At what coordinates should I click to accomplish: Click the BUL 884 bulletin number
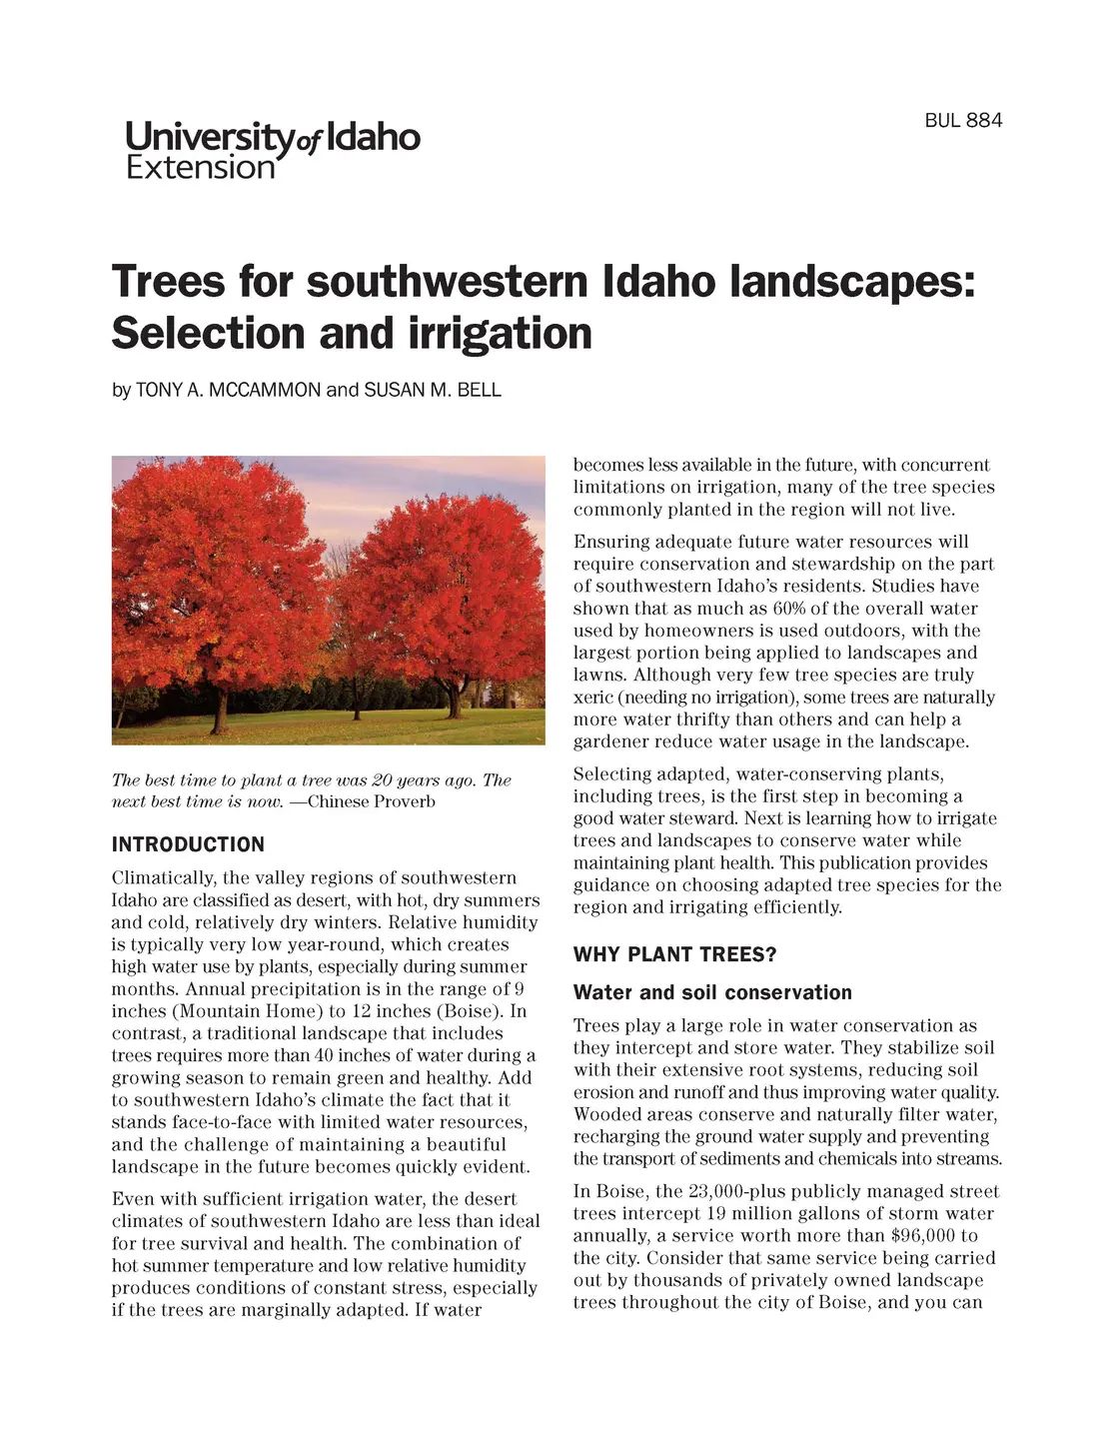click(x=962, y=121)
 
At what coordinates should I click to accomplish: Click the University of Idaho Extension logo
click(x=273, y=150)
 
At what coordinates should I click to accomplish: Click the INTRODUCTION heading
click(x=188, y=844)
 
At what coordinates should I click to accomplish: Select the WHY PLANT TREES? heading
click(x=674, y=954)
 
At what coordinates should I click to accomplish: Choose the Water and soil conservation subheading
click(x=711, y=992)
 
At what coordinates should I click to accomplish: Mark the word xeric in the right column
click(x=593, y=698)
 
